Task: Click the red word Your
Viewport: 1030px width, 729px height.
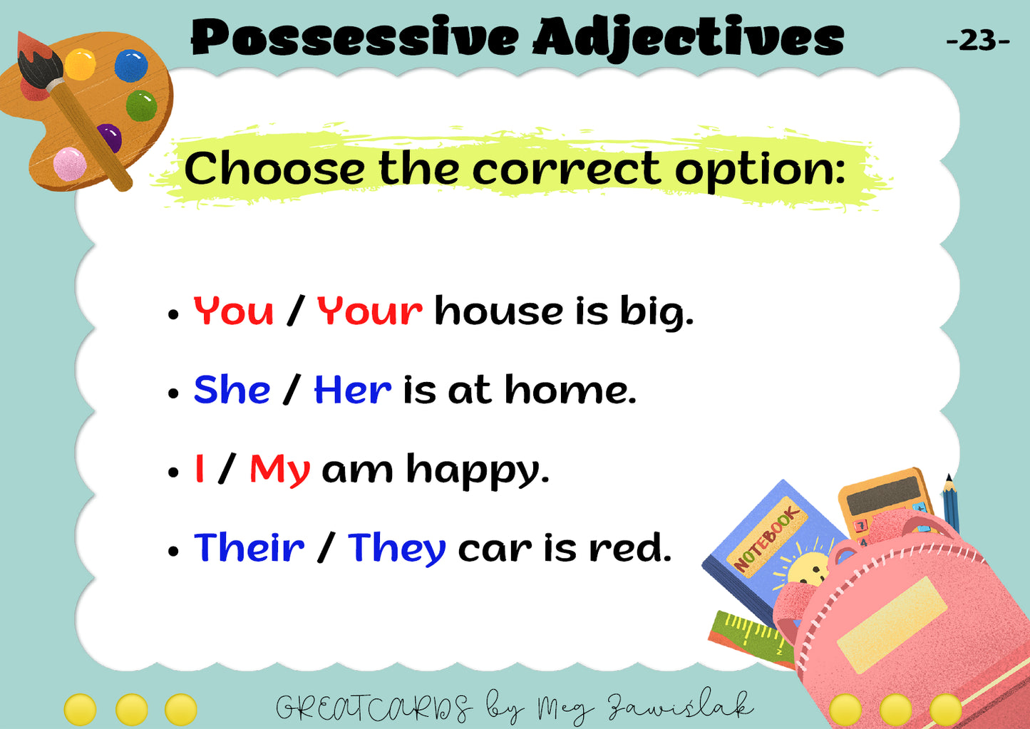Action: (x=370, y=311)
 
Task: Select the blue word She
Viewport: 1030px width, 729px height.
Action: (x=232, y=389)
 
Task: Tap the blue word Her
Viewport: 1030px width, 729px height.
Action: (x=353, y=390)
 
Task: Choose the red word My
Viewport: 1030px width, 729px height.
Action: (x=280, y=470)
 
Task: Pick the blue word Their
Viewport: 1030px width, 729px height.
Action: (x=249, y=547)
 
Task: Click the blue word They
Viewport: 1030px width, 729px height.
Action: (x=397, y=549)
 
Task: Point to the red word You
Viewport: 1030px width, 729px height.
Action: (x=234, y=311)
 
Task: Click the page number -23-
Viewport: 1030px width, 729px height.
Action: (x=978, y=41)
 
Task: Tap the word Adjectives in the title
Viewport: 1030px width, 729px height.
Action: (x=689, y=38)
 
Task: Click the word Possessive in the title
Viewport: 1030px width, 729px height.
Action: (x=354, y=38)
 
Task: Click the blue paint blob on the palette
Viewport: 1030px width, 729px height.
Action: (x=131, y=66)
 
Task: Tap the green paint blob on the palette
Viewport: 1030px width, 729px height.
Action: (x=142, y=105)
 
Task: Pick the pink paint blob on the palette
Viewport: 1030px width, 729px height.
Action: (x=70, y=164)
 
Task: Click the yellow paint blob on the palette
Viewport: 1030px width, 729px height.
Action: (x=80, y=64)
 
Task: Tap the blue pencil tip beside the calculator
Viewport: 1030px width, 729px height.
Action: (x=949, y=480)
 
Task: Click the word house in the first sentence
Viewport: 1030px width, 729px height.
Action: (x=498, y=311)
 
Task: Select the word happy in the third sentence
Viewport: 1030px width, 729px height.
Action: (x=478, y=470)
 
